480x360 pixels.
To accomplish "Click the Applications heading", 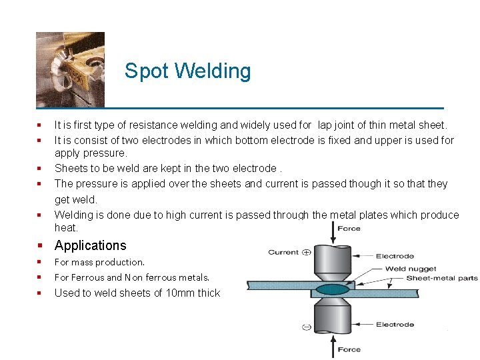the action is click(90, 245).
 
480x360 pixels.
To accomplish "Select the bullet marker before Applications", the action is click(41, 245).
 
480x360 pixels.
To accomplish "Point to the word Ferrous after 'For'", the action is click(88, 277).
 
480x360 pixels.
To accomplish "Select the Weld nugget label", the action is click(411, 269).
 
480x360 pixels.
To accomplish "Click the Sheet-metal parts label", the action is click(441, 278).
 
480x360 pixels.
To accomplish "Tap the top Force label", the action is click(349, 229).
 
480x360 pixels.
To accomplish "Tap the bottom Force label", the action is click(349, 349).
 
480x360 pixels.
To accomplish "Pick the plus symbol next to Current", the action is click(307, 252).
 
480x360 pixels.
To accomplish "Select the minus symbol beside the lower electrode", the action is click(306, 327).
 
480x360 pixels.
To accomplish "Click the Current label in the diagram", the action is click(283, 252).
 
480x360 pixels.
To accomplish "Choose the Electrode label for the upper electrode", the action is click(395, 256).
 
